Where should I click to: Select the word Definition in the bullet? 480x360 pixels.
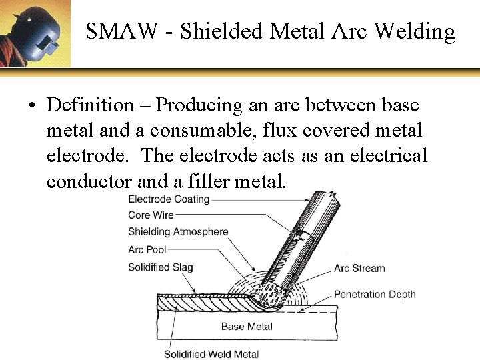tap(91, 105)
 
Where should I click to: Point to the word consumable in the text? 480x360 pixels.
tap(235, 130)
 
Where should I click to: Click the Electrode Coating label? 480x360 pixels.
tap(169, 199)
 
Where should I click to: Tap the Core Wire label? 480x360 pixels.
tap(151, 215)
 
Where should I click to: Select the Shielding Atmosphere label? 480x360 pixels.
tap(178, 232)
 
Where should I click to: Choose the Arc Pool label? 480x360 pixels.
tap(147, 249)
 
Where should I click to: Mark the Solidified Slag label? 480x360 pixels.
tap(160, 267)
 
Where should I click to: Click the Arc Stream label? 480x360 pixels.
tap(359, 269)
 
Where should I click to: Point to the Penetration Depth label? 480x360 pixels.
tap(374, 294)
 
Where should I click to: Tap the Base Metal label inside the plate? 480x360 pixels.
tap(247, 326)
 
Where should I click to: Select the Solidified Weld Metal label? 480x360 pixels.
tap(211, 354)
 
